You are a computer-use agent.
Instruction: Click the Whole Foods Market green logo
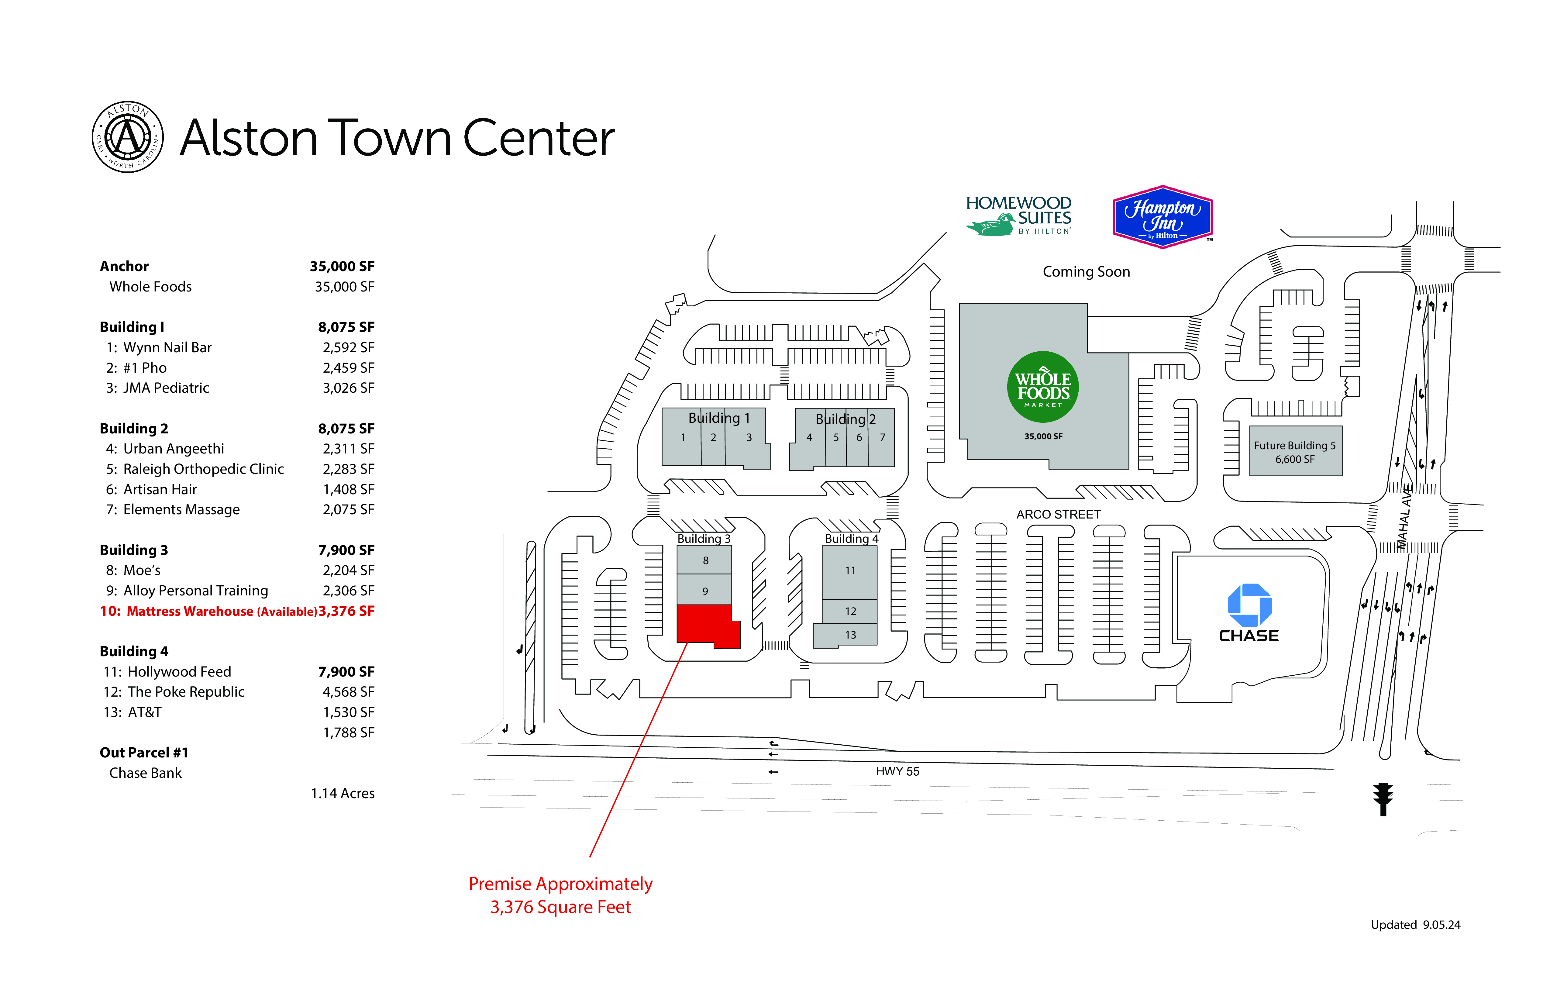click(1043, 387)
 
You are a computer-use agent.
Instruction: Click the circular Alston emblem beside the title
click(128, 137)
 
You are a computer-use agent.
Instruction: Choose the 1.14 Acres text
click(343, 793)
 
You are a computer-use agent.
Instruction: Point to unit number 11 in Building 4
click(850, 570)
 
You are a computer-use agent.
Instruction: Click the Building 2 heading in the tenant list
click(133, 429)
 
